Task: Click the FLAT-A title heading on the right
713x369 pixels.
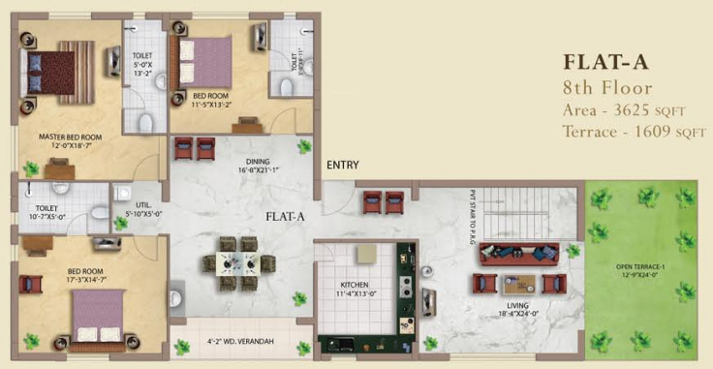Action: tap(604, 63)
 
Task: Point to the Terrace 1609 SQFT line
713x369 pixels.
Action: tap(635, 132)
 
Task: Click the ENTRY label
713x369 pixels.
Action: tap(343, 166)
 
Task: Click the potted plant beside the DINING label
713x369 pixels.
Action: tap(304, 147)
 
